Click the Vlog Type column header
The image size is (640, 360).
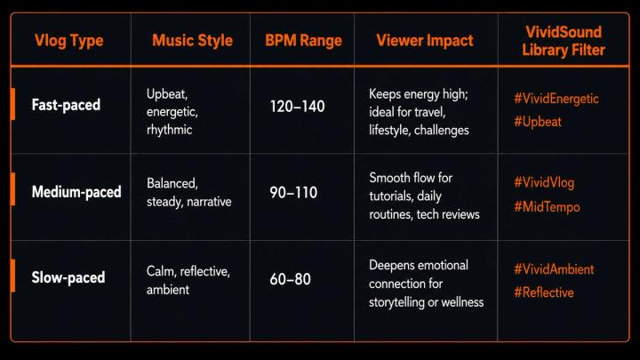tap(69, 41)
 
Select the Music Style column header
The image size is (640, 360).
tap(192, 40)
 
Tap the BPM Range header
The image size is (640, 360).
tap(303, 41)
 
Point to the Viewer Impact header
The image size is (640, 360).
tap(425, 41)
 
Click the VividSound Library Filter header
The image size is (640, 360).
tap(564, 41)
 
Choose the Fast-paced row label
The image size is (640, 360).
tap(66, 105)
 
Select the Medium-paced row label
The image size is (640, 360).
tap(76, 192)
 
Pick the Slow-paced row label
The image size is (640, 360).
tap(68, 277)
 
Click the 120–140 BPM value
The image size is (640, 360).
tap(297, 107)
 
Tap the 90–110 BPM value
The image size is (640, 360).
tap(293, 192)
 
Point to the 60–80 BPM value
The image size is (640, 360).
tap(290, 279)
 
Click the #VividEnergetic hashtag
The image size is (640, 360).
tap(556, 99)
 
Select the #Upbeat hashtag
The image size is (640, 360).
tap(538, 122)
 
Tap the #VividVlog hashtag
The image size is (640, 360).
tap(544, 182)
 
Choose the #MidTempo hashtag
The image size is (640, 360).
tap(547, 207)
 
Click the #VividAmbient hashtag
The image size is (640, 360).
tap(554, 269)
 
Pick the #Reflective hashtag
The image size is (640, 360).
tap(544, 292)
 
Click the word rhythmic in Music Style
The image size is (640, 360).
tap(170, 130)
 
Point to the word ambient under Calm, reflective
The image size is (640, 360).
tap(168, 290)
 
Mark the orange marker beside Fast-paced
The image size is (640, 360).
tap(12, 104)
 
